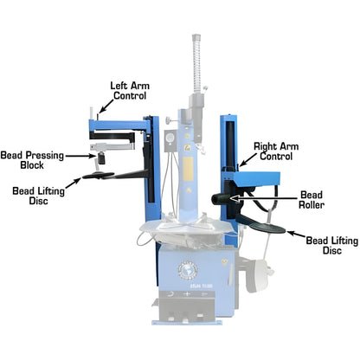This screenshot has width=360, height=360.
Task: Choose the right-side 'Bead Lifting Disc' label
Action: point(329,247)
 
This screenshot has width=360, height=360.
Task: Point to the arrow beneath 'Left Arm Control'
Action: point(101,108)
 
